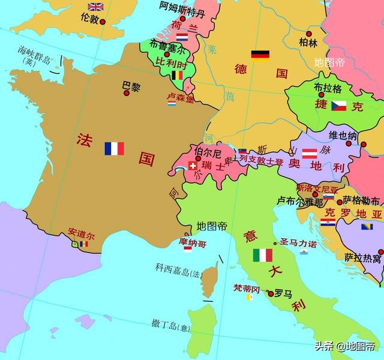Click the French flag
click(x=114, y=148)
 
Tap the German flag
click(x=260, y=55)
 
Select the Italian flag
click(x=262, y=255)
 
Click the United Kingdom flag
click(x=96, y=7)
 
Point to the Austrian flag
click(x=310, y=154)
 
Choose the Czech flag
click(x=339, y=106)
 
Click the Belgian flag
click(x=178, y=75)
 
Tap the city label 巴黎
click(x=131, y=86)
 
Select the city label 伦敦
click(x=89, y=19)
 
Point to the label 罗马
click(x=283, y=294)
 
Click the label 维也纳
click(x=343, y=135)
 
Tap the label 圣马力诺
click(x=299, y=244)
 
